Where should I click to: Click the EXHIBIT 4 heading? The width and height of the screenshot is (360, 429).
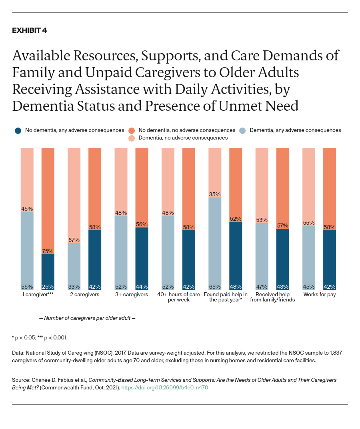(x=29, y=30)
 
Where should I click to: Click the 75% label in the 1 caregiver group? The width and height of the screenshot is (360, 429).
(x=48, y=251)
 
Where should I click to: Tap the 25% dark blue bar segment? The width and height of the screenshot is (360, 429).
(x=48, y=272)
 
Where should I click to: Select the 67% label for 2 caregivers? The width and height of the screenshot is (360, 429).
(x=74, y=239)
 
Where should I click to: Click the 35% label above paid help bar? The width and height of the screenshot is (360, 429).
(x=215, y=194)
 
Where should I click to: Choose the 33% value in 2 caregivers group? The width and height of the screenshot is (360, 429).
(x=74, y=287)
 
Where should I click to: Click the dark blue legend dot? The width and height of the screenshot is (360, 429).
(x=18, y=130)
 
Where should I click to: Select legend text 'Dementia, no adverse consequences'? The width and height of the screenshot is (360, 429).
(x=183, y=138)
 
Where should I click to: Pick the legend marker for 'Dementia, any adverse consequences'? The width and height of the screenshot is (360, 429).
(x=242, y=130)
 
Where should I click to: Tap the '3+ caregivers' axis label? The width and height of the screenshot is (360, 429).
(x=131, y=295)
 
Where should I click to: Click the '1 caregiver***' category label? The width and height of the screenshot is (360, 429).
(x=38, y=295)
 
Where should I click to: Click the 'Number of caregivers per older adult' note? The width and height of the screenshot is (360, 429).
(x=90, y=318)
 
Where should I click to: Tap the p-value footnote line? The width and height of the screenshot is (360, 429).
(x=40, y=337)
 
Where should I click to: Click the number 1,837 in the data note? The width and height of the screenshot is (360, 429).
(x=335, y=353)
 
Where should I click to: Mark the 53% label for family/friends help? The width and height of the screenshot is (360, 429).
(x=262, y=220)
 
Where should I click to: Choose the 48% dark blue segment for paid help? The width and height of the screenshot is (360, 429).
(x=236, y=256)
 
